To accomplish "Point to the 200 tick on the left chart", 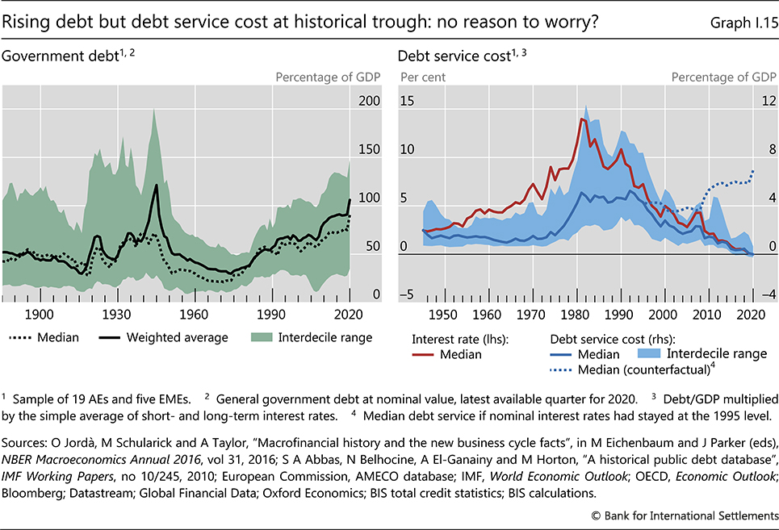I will point(369,102).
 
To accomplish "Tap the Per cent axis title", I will point(423,77).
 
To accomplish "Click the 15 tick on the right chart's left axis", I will point(406,102).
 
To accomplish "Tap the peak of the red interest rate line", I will point(581,119).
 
